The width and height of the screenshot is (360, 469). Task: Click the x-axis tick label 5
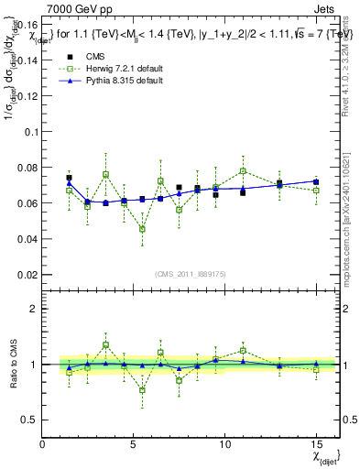pyautogui.click(x=134, y=443)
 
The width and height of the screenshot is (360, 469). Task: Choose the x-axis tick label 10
pyautogui.click(x=224, y=443)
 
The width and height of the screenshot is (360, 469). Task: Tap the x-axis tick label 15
pyautogui.click(x=316, y=443)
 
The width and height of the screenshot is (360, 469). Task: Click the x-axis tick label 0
pyautogui.click(x=43, y=443)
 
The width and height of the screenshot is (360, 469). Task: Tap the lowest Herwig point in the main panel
pyautogui.click(x=142, y=229)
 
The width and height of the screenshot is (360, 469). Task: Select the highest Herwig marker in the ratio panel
pyautogui.click(x=105, y=345)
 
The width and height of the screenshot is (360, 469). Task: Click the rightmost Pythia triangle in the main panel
pyautogui.click(x=316, y=181)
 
